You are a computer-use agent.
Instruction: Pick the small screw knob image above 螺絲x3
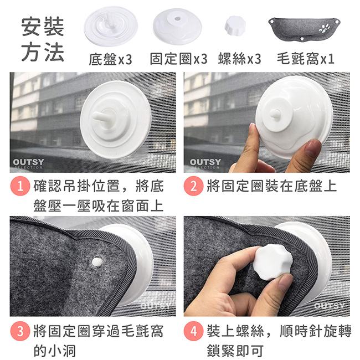point(236,27)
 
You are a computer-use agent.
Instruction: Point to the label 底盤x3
point(110,59)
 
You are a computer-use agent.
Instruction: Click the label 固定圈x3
point(178,59)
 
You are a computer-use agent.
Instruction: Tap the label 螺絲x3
point(239,59)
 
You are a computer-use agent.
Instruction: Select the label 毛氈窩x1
point(306,59)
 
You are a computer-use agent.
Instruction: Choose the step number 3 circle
point(21,332)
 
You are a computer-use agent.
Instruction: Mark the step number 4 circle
point(193,332)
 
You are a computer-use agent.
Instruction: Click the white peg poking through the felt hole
point(97,260)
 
